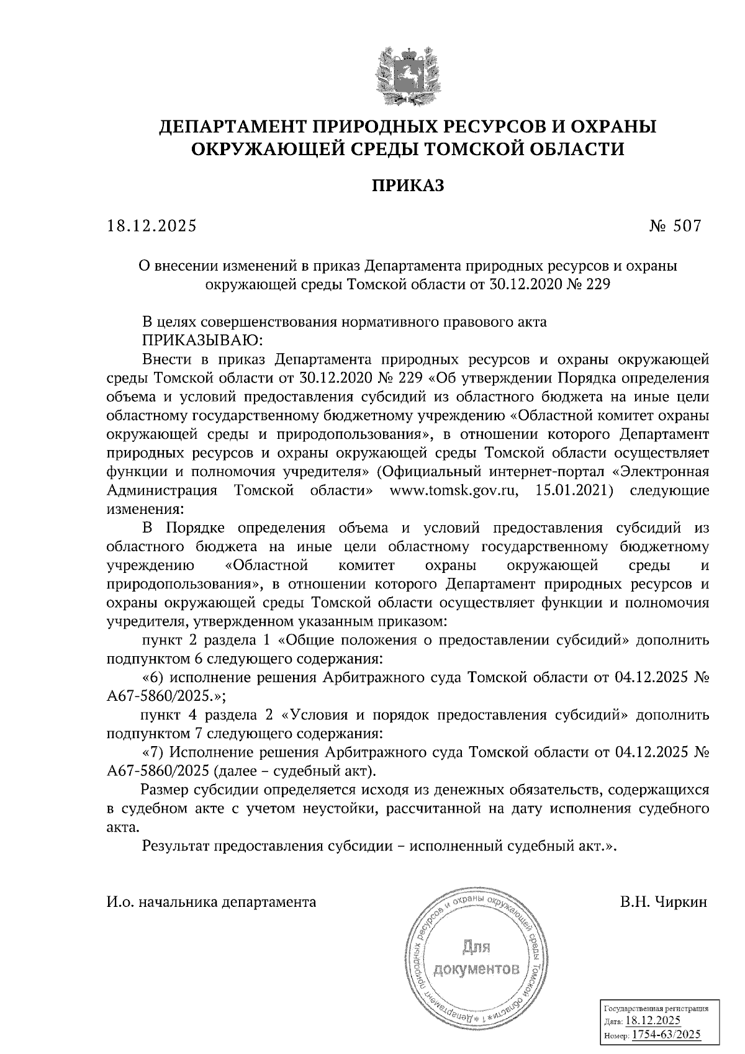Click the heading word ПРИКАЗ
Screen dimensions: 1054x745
408,186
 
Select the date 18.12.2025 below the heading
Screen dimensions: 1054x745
151,226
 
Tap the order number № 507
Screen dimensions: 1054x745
675,226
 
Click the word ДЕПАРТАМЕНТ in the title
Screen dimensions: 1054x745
227,127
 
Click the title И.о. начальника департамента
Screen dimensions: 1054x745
211,901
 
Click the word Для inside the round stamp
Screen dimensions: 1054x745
476,947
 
